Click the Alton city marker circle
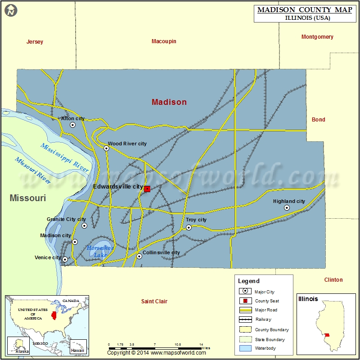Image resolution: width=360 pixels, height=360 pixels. (x=73, y=125)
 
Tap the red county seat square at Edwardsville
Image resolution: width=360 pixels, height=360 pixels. (x=147, y=189)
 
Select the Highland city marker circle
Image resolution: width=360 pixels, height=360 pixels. (x=287, y=207)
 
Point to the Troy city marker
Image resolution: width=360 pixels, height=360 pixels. (x=189, y=227)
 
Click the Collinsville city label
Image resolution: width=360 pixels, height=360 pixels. (x=161, y=252)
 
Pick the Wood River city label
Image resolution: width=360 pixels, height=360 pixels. (x=127, y=144)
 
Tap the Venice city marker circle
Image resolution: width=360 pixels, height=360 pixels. (x=65, y=259)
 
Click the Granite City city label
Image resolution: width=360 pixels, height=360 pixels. (x=66, y=219)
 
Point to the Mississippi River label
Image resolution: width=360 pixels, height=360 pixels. (x=64, y=157)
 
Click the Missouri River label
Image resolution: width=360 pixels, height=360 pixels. (x=33, y=170)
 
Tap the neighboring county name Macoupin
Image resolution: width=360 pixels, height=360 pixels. (x=164, y=41)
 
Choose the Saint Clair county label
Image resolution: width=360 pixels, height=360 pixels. (x=154, y=301)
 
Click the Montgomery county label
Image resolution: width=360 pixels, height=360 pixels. (x=317, y=37)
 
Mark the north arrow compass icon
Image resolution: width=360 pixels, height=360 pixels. (x=11, y=10)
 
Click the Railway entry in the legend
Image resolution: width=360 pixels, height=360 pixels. (x=262, y=319)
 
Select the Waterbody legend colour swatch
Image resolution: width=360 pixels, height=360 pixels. (x=245, y=348)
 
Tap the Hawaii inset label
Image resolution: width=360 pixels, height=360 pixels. (x=77, y=351)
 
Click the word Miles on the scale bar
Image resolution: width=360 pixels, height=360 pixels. (x=206, y=348)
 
